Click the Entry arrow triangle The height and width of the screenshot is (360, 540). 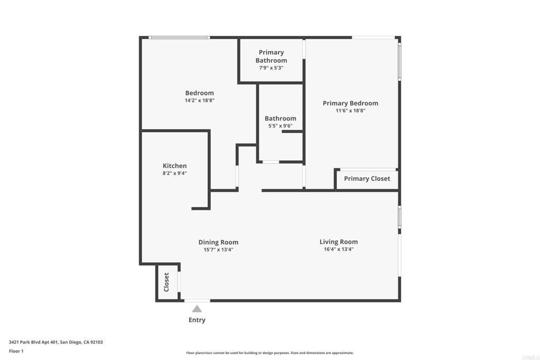tap(197, 309)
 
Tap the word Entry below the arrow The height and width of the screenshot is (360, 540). tap(197, 320)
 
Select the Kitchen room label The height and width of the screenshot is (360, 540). tap(175, 166)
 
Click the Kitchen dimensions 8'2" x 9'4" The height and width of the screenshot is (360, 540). tap(175, 173)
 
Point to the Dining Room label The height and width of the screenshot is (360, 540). tap(218, 242)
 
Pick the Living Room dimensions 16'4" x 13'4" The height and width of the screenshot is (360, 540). tap(339, 249)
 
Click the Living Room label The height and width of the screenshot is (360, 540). tap(339, 242)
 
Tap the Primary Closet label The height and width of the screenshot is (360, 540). tap(367, 179)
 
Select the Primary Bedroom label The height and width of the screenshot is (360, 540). tap(350, 103)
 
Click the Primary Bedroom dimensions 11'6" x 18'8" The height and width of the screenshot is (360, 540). tap(350, 111)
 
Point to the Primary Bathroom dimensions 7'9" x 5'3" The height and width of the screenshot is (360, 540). tap(271, 68)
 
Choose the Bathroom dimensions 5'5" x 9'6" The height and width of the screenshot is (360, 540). tap(281, 126)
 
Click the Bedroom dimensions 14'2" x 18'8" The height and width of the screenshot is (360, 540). tap(199, 101)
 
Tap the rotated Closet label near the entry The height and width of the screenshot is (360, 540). tap(166, 282)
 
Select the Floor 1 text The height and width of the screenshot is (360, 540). tap(16, 351)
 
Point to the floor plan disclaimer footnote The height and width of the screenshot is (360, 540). tap(269, 353)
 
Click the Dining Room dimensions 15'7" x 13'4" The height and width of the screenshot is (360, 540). tap(218, 249)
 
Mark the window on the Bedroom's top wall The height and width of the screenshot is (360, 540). tap(179, 37)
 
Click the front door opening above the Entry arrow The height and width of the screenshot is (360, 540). tap(197, 301)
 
